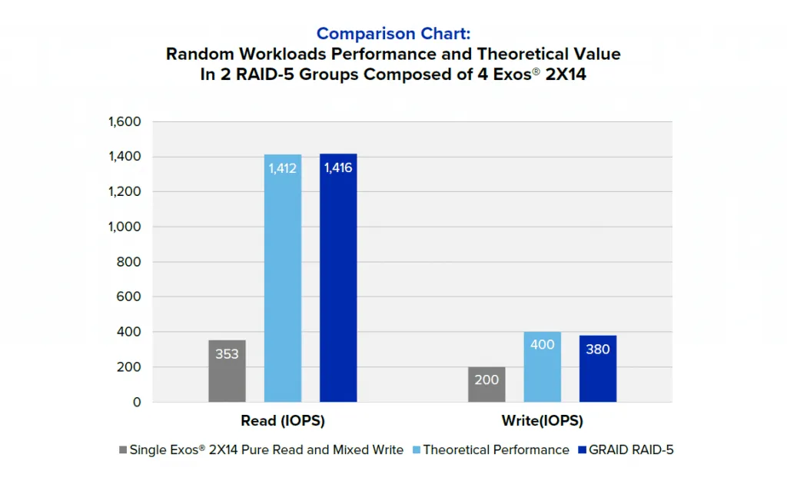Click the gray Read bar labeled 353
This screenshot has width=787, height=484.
[x=227, y=370]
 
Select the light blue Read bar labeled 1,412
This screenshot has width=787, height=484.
[x=283, y=277]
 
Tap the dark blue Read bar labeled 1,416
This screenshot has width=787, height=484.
[x=338, y=277]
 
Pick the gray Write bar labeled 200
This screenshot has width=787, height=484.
[x=486, y=384]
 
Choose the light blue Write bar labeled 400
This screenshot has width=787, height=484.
[x=543, y=366]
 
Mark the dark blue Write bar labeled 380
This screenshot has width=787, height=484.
[x=598, y=368]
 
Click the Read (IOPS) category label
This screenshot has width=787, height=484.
[x=283, y=421]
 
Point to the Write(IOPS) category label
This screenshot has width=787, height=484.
[x=542, y=421]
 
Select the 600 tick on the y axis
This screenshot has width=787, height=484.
[x=128, y=297]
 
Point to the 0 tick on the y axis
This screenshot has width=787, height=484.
[x=137, y=402]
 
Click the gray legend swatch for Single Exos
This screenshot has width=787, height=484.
[x=124, y=450]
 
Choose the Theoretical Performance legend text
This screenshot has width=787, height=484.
[x=496, y=450]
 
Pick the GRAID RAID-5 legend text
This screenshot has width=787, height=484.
[x=631, y=450]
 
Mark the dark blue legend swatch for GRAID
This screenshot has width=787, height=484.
[x=583, y=450]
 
